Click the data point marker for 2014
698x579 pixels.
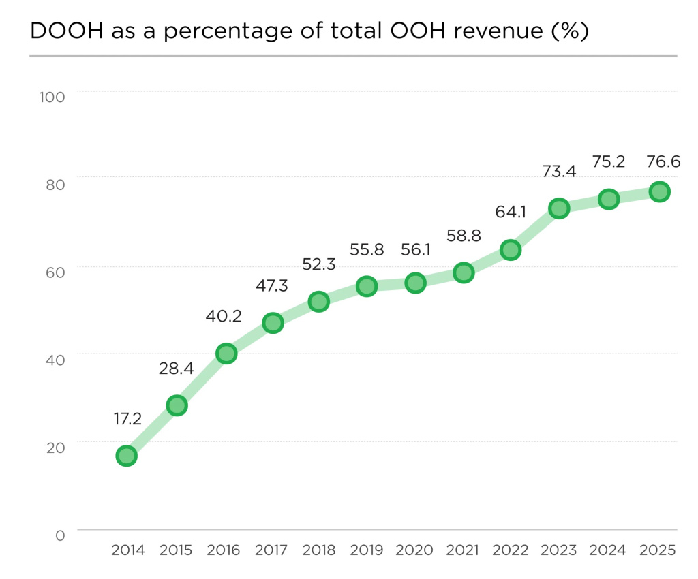(x=126, y=456)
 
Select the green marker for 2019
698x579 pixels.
(x=367, y=286)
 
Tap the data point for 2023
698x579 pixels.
(x=559, y=208)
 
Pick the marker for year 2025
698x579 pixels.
(x=658, y=191)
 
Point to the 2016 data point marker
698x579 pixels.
(x=226, y=354)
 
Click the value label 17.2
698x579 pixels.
(x=127, y=418)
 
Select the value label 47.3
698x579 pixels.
(x=271, y=285)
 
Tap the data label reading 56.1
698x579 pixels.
(x=415, y=249)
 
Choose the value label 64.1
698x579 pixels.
(x=511, y=212)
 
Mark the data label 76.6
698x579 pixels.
(x=658, y=161)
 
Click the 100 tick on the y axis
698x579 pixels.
(x=52, y=97)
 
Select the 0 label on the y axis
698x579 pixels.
(x=60, y=536)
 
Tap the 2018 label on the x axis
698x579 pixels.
(x=319, y=550)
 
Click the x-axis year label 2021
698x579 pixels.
(x=463, y=550)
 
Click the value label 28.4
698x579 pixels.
(x=177, y=369)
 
